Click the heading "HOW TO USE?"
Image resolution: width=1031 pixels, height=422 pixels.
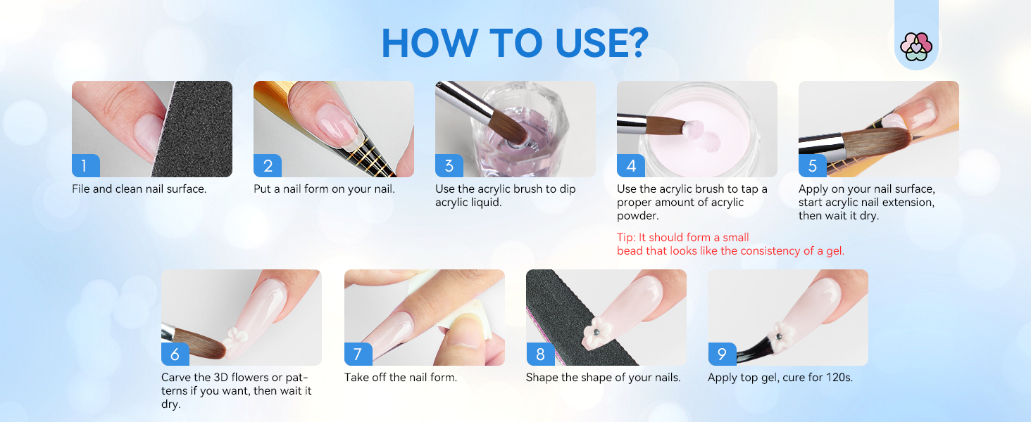click(515, 43)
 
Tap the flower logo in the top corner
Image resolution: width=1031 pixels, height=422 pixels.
click(916, 46)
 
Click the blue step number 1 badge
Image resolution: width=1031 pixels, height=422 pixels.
click(85, 166)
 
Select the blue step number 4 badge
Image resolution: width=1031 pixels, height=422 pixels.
click(630, 166)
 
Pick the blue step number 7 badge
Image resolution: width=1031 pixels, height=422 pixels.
click(358, 354)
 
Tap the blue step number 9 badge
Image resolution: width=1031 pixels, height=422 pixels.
click(721, 354)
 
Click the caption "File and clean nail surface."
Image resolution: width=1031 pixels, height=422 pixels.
click(139, 189)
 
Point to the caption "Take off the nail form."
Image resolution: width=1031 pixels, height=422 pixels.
click(400, 378)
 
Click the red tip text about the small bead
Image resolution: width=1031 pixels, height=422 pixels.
click(730, 244)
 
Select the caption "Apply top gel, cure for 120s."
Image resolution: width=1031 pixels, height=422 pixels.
click(780, 378)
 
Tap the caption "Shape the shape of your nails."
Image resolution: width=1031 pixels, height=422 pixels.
click(603, 378)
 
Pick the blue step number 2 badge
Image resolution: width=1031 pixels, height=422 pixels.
click(267, 166)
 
